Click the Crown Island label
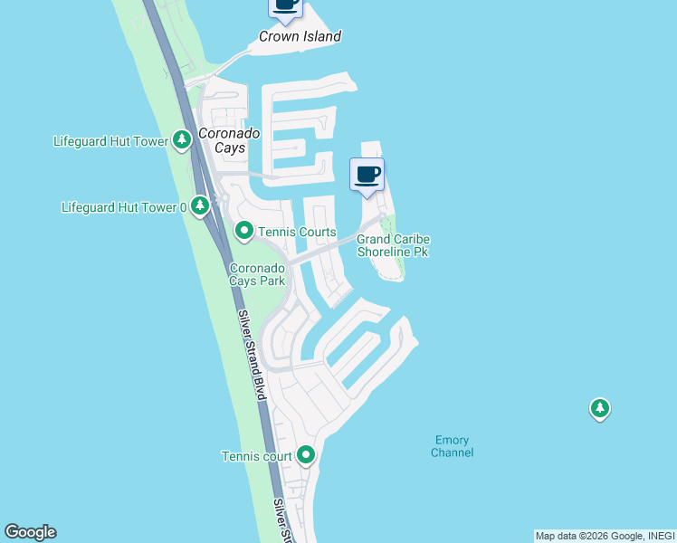click(300, 37)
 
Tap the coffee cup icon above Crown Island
click(286, 5)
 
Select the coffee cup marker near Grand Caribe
click(367, 175)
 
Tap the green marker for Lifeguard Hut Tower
click(182, 140)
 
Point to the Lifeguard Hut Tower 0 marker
click(200, 206)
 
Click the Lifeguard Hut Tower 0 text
click(123, 207)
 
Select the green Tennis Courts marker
click(244, 232)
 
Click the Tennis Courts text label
click(297, 233)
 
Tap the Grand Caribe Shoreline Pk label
click(393, 245)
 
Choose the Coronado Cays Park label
click(258, 274)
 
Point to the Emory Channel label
click(452, 446)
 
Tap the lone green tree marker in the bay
click(599, 409)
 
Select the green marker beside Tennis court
click(306, 455)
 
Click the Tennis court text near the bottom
click(257, 456)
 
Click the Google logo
click(30, 532)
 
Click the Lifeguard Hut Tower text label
click(111, 141)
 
